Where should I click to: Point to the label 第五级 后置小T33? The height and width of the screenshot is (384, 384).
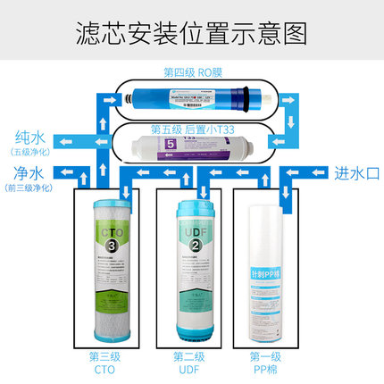[x=192, y=128]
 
